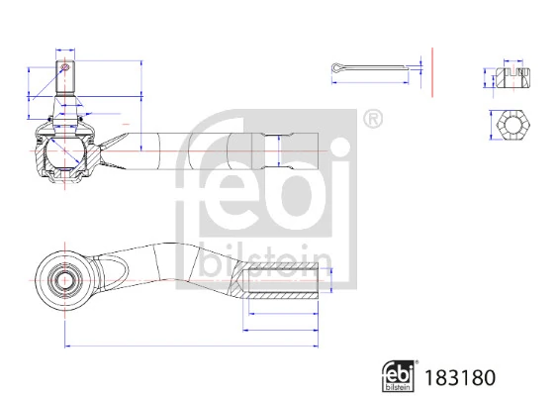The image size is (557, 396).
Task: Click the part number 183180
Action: [458, 377]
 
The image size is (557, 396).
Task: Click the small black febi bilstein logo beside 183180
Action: [399, 376]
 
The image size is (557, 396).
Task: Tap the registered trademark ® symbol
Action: [372, 121]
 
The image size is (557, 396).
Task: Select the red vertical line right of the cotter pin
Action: [432, 70]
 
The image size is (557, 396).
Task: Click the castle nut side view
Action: [512, 76]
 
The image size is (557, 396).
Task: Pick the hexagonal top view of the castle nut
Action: [512, 125]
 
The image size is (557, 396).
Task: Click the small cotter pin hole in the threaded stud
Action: [65, 68]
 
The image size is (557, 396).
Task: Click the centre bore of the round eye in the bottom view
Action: [64, 278]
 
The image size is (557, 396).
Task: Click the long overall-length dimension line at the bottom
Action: [188, 345]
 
